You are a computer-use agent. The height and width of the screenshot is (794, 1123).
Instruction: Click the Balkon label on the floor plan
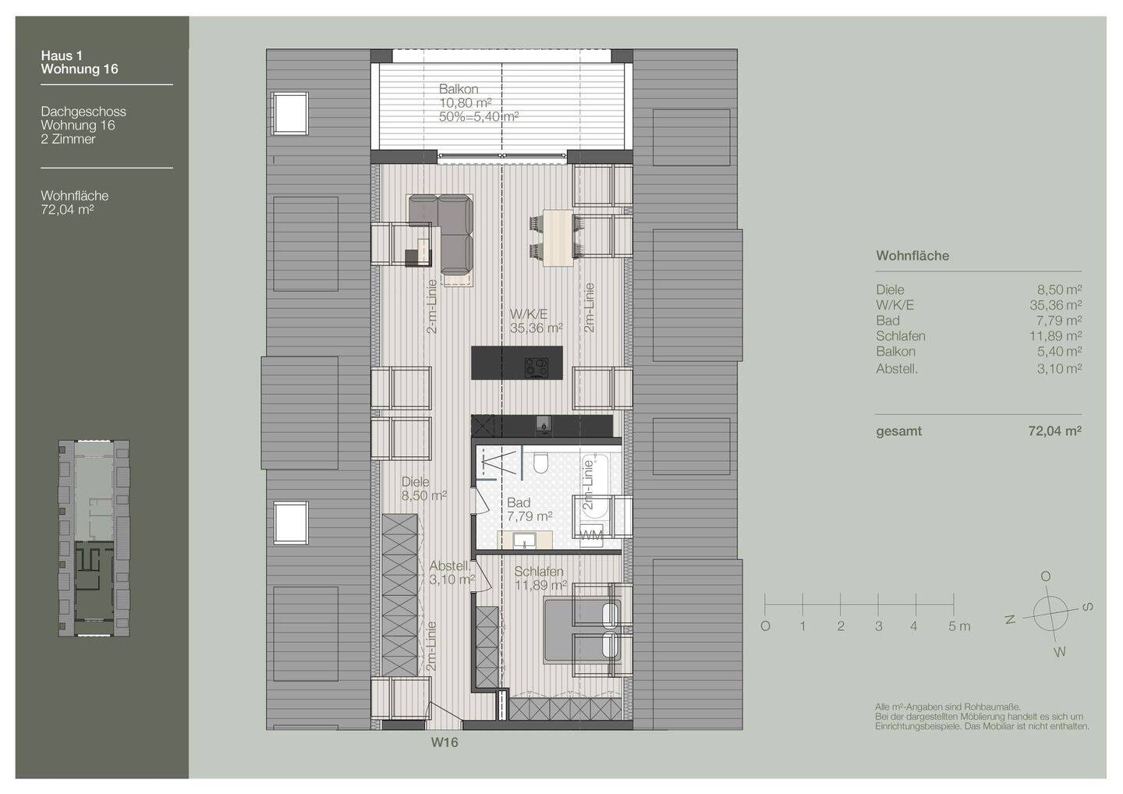coord(459,89)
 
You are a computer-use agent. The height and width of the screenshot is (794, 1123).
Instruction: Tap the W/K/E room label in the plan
coord(528,314)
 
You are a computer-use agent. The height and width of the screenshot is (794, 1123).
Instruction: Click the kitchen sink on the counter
coord(544,424)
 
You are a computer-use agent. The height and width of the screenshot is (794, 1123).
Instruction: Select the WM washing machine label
coord(592,534)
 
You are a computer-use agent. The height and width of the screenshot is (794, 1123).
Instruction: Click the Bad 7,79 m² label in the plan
coord(529,509)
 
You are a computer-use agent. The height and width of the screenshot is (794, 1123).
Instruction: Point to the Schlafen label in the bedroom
coord(538,572)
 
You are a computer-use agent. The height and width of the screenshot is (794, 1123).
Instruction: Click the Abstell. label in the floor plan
coord(450,566)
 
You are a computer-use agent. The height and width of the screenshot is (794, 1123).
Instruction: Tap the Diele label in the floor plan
coord(416,482)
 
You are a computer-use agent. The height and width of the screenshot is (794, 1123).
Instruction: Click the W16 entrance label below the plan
coord(445,743)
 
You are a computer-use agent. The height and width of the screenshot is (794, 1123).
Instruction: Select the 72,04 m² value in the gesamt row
coord(1054,431)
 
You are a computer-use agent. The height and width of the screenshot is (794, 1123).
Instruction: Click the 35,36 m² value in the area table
coord(1055,305)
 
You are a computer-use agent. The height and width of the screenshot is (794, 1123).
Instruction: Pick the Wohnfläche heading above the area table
coord(912,256)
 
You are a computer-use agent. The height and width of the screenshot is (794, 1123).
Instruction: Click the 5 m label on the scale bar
coord(958,626)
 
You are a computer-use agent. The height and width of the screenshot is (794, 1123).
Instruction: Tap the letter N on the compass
coord(1010,620)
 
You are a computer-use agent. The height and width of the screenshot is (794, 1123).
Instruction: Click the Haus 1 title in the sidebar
coord(62,55)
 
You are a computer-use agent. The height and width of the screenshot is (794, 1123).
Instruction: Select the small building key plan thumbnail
coord(94,538)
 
